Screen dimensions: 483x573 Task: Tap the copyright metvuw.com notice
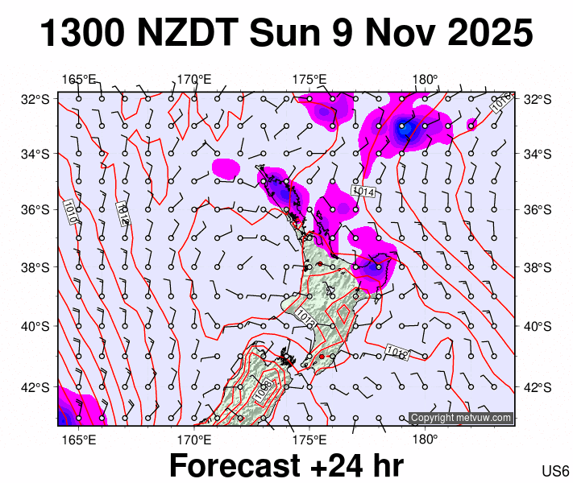point(461,418)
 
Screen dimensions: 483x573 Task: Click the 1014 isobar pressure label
point(363,192)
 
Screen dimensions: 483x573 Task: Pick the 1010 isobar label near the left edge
point(71,211)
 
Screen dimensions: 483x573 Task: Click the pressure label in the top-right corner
point(500,102)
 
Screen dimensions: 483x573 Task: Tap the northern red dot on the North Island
point(320,263)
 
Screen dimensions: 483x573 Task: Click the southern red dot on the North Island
point(322,356)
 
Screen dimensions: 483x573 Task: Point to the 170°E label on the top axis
point(194,79)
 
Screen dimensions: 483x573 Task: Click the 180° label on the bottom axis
point(425,440)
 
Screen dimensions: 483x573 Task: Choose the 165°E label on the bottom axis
point(79,440)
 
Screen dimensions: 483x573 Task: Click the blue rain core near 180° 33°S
point(405,126)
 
